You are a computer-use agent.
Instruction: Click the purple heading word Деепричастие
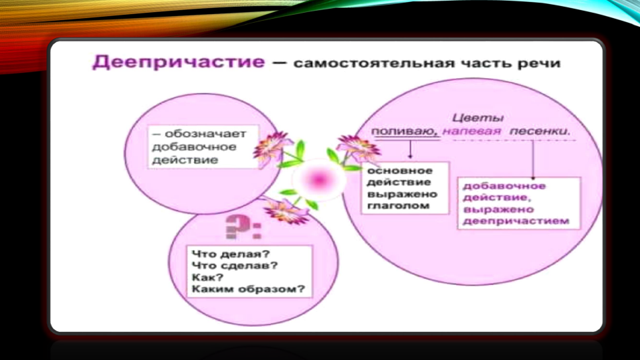point(179,62)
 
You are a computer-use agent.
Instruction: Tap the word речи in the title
point(539,64)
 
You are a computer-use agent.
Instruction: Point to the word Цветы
point(477,118)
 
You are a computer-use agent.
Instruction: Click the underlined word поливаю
point(405,132)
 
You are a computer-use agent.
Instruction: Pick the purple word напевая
point(471,132)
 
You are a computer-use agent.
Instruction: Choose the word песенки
point(540,131)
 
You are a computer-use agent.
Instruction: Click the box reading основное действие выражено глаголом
point(405,187)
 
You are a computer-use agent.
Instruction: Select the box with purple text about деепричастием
point(519,203)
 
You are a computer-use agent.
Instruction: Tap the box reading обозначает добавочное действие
point(203,147)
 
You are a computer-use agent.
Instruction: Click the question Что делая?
point(231,254)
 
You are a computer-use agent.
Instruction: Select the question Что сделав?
point(235,266)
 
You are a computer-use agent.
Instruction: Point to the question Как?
point(208,278)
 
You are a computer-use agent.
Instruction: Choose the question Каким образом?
point(248,289)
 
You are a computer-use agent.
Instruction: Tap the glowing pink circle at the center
point(318,179)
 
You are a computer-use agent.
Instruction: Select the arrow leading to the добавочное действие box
point(532,160)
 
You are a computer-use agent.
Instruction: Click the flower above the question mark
point(286,209)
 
